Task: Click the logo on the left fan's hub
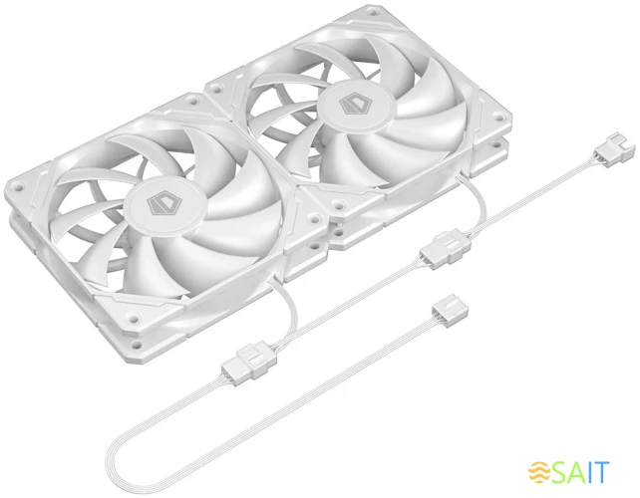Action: point(160,205)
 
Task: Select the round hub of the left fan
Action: point(160,205)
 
